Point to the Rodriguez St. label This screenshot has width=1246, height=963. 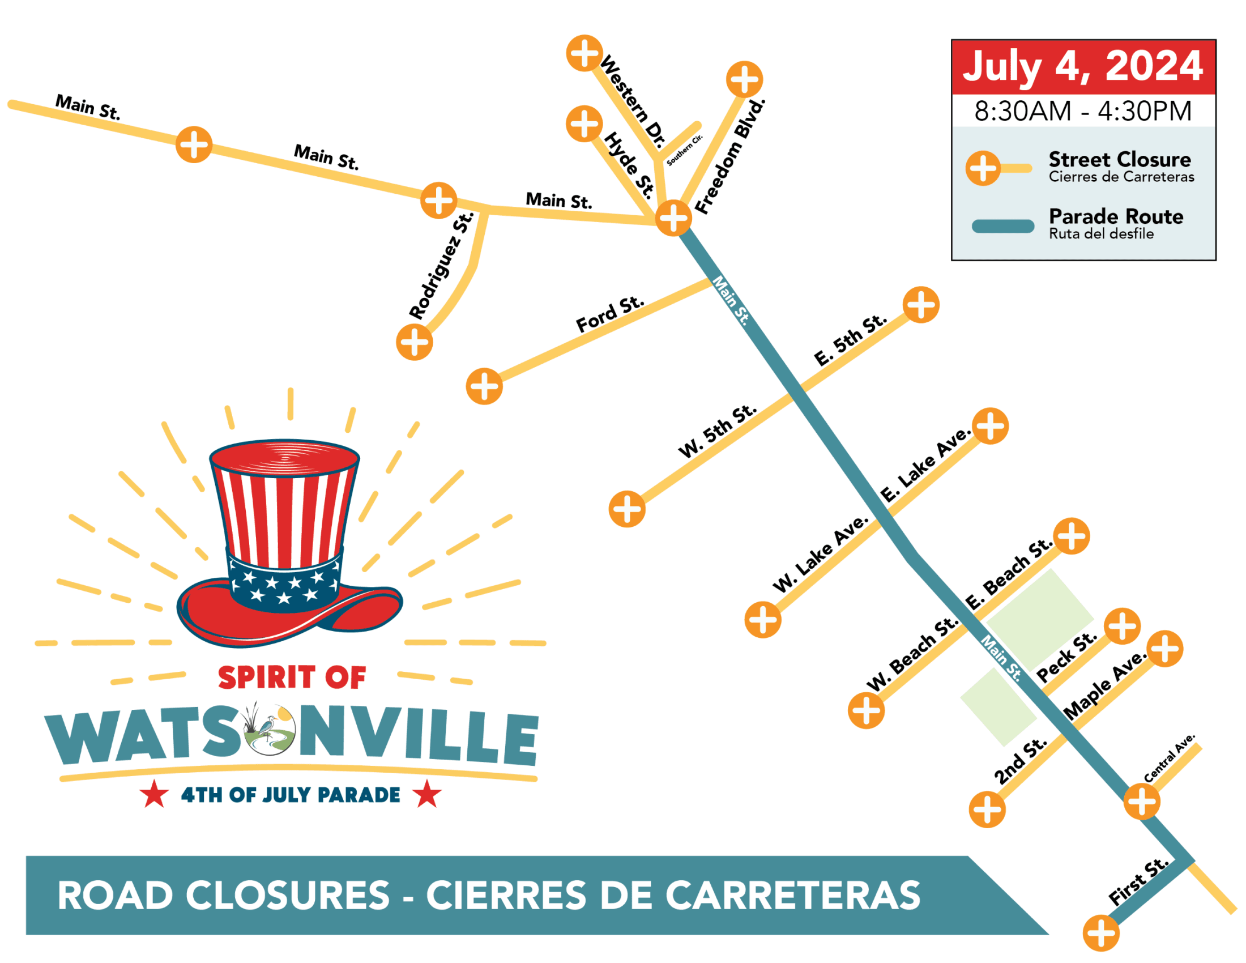click(442, 265)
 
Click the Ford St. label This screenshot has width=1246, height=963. click(609, 314)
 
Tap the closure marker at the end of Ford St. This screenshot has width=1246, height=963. click(484, 386)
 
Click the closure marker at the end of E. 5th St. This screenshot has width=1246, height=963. click(921, 305)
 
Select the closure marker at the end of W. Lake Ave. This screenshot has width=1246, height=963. click(763, 620)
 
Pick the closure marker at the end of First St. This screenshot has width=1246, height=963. click(1101, 934)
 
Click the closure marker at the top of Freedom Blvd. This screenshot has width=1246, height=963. click(745, 79)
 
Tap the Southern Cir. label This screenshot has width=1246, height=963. click(685, 151)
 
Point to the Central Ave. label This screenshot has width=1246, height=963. click(1169, 759)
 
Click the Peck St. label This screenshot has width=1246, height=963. click(1066, 657)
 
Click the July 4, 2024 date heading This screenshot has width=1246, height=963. click(1083, 67)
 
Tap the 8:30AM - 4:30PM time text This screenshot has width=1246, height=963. click(1083, 110)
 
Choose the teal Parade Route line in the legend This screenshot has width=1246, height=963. click(1003, 227)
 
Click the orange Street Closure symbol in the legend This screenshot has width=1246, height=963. click(983, 168)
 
